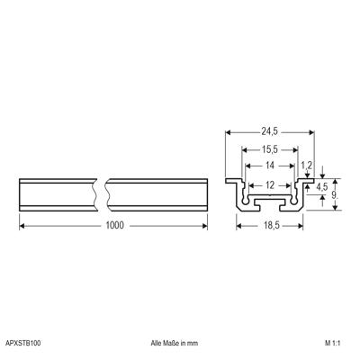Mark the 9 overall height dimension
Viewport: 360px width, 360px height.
click(335, 194)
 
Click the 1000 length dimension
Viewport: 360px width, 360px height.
click(113, 225)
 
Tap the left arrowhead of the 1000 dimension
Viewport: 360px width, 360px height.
click(22, 225)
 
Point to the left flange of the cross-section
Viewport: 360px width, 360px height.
click(231, 180)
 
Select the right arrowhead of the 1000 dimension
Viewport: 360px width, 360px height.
click(204, 225)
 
